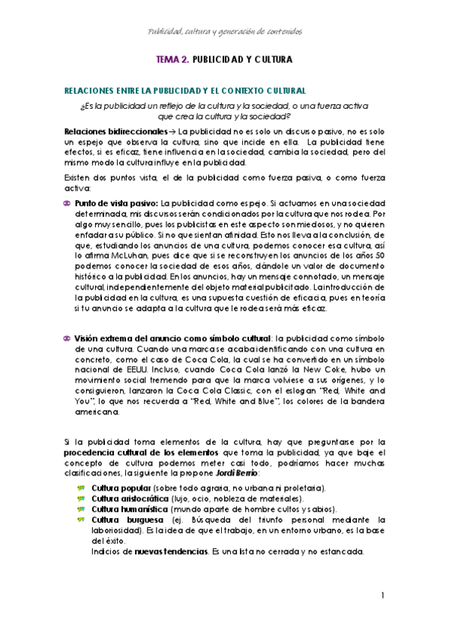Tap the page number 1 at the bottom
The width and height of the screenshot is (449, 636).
click(382, 595)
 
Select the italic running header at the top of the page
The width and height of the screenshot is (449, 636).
click(224, 31)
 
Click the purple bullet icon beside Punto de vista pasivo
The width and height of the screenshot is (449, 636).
click(67, 203)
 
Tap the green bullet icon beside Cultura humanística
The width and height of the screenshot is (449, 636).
click(81, 509)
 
